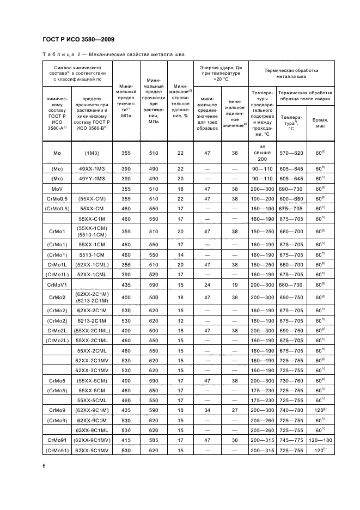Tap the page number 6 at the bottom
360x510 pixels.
click(x=44, y=465)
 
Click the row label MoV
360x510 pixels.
click(x=57, y=188)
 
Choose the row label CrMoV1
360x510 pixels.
click(x=57, y=284)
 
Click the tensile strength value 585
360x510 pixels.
click(x=154, y=440)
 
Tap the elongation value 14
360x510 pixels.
click(x=179, y=254)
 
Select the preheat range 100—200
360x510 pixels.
click(x=263, y=199)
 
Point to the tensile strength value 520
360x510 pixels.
click(x=154, y=275)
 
